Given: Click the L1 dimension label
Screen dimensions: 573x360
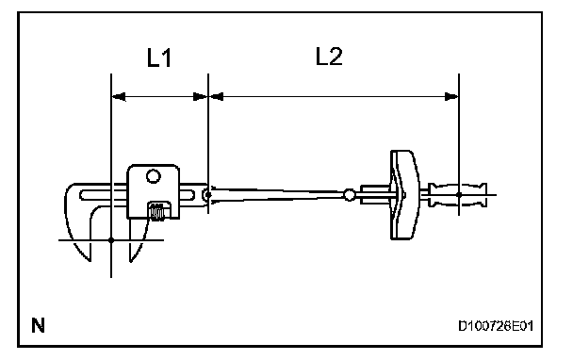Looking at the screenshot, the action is (159, 57).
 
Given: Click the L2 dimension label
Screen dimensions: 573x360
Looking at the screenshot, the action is (329, 57).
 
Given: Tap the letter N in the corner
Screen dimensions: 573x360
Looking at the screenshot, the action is (38, 325).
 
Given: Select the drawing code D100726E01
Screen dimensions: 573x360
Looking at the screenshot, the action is (496, 326).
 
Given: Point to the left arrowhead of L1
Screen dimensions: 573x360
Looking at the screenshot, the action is (119, 97).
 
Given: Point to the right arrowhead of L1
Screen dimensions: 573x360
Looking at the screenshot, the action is (200, 97).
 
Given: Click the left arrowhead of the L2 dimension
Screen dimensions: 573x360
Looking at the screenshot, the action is (216, 97).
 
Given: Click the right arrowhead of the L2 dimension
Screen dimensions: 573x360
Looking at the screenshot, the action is (451, 97).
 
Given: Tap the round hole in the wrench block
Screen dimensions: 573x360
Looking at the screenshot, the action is (153, 176).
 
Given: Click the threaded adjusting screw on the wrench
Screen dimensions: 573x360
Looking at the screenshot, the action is (157, 211).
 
